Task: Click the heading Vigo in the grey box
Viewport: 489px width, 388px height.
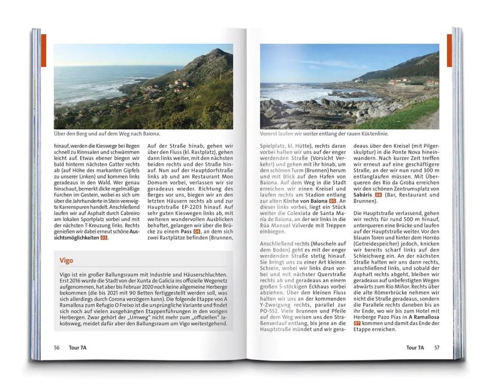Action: pyautogui.click(x=67, y=261)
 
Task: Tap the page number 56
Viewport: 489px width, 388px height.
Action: pyautogui.click(x=56, y=347)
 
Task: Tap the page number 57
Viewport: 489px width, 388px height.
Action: pyautogui.click(x=437, y=347)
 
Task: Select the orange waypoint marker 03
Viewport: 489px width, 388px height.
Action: pyautogui.click(x=104, y=238)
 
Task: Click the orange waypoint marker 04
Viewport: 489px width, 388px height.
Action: pyautogui.click(x=197, y=231)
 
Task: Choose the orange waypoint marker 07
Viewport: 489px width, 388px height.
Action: pyautogui.click(x=357, y=323)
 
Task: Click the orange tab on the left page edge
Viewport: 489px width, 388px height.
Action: pyautogui.click(x=43, y=50)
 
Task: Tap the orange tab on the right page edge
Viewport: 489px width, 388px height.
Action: pyautogui.click(x=449, y=50)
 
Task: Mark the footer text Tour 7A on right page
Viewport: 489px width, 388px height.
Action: pyautogui.click(x=415, y=347)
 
